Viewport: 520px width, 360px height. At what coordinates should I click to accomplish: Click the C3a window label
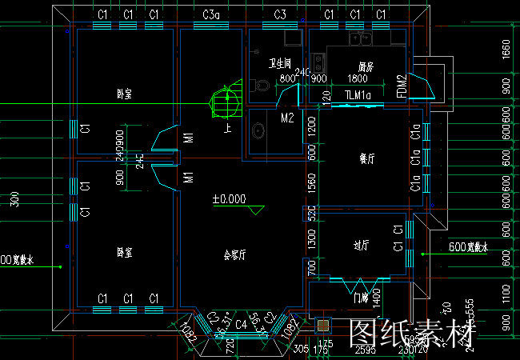point(211,14)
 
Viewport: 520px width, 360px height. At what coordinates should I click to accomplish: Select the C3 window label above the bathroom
point(279,14)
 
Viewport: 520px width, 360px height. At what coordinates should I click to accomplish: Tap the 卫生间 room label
point(280,62)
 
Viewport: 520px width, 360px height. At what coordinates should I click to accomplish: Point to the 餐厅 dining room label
point(367,158)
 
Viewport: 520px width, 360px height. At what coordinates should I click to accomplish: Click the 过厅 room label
point(362,245)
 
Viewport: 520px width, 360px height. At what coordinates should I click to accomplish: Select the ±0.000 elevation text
point(229,199)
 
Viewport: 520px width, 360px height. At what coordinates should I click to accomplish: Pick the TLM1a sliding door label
point(358,96)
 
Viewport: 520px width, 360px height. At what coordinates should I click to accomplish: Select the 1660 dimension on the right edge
point(505,50)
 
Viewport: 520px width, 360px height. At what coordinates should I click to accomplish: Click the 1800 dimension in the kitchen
point(358,78)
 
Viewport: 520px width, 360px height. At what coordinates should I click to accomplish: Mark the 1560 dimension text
point(312,182)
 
